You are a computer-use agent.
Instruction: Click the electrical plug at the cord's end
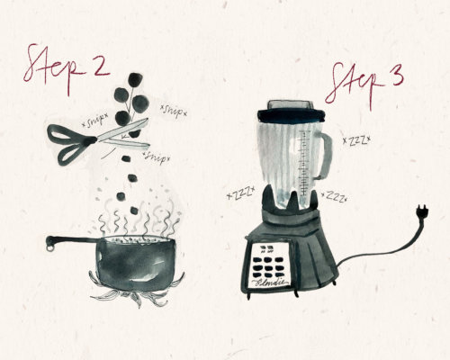(x=423, y=211)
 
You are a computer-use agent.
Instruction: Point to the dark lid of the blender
(x=292, y=115)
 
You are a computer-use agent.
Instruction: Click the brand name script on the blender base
(x=271, y=283)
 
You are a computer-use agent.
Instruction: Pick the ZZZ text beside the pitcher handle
(x=356, y=140)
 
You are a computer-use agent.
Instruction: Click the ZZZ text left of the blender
(x=241, y=193)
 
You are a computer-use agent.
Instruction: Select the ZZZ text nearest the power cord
(x=334, y=196)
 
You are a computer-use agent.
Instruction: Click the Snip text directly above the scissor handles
(x=94, y=121)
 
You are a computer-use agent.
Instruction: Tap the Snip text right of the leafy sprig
(x=174, y=111)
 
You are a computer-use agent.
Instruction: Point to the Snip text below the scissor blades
(x=157, y=157)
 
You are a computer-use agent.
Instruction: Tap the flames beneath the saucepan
(x=137, y=292)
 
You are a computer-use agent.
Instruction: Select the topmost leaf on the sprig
(x=135, y=79)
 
